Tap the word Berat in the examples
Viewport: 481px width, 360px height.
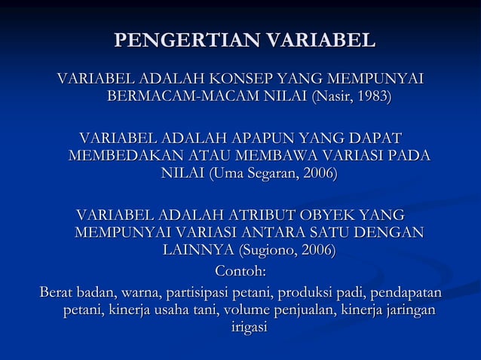(x=57, y=291)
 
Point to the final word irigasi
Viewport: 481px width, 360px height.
(x=240, y=328)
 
